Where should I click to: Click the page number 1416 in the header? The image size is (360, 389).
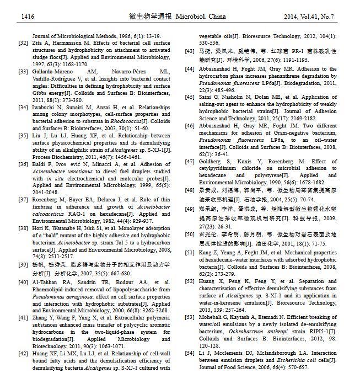coord(28,17)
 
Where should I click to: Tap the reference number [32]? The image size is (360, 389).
coord(23,42)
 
